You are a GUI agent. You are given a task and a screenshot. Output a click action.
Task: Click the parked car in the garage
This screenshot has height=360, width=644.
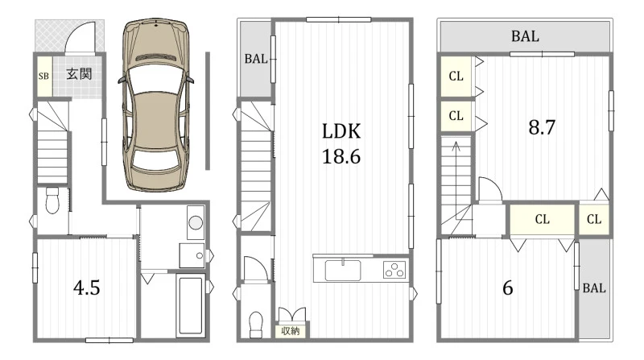(x=156, y=105)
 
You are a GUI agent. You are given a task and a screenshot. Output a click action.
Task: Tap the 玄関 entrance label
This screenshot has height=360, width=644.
(x=79, y=74)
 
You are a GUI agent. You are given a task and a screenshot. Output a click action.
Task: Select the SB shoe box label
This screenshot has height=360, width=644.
(x=43, y=76)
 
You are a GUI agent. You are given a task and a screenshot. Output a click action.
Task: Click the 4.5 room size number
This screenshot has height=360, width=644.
(x=87, y=288)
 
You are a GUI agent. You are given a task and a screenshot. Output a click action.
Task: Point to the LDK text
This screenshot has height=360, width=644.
(x=341, y=131)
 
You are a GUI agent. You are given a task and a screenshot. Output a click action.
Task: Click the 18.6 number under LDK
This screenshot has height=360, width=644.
(x=341, y=156)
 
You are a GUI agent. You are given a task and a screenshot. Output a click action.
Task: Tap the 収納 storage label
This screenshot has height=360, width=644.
(x=291, y=331)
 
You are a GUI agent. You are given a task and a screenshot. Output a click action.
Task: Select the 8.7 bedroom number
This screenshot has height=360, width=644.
(x=542, y=127)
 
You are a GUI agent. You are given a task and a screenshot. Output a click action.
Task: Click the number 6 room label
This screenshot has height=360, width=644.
(x=508, y=288)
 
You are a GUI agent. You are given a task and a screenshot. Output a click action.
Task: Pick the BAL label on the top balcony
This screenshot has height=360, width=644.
(x=525, y=36)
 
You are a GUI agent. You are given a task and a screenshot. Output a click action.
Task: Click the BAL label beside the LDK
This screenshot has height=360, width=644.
(x=255, y=59)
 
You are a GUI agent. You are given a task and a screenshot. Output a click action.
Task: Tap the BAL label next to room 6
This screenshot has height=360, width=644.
(x=594, y=288)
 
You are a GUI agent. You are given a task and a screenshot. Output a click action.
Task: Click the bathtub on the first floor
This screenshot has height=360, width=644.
(x=191, y=305)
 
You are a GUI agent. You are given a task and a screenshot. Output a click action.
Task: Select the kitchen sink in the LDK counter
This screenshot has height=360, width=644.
(x=343, y=271)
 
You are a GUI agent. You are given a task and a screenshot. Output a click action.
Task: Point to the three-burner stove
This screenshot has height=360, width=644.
(x=394, y=270)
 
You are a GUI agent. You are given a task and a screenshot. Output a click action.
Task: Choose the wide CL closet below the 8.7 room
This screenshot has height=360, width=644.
(x=542, y=219)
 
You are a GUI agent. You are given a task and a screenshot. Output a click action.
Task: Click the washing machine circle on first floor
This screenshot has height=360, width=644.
(x=196, y=222)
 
